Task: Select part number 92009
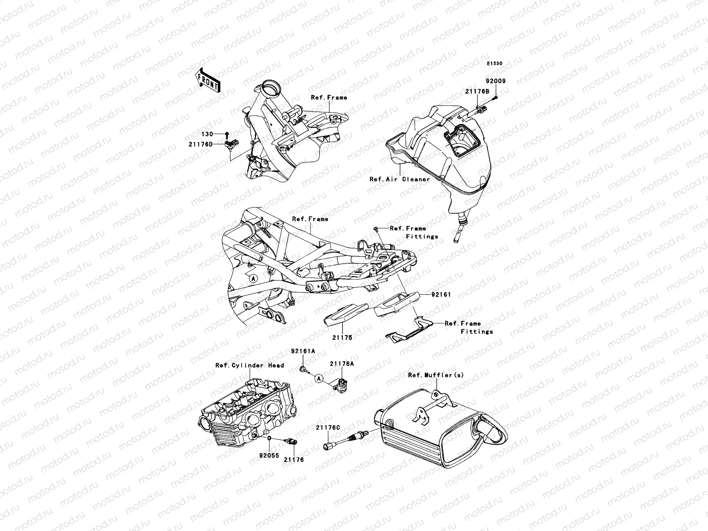[496, 81]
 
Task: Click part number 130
[208, 134]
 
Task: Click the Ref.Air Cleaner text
[400, 179]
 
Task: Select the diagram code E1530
[495, 64]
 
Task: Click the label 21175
[342, 337]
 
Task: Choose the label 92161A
[303, 351]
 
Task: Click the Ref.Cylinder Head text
[250, 366]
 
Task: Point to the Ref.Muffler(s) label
[436, 375]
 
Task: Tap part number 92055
[269, 454]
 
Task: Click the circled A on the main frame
[253, 279]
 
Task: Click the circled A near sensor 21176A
[319, 378]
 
